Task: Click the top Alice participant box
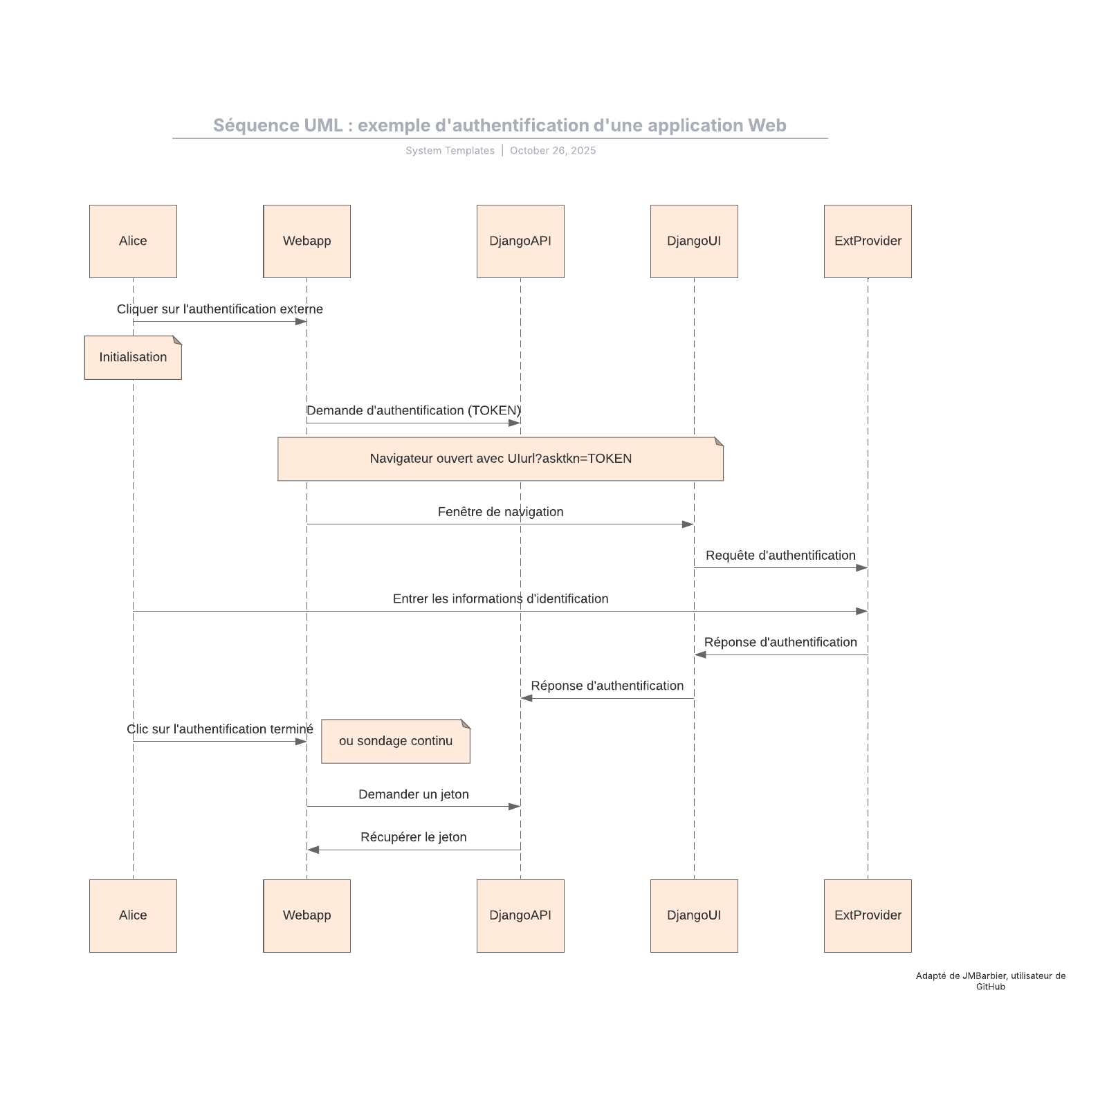[133, 241]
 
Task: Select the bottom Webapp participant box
[307, 915]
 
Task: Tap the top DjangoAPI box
[520, 241]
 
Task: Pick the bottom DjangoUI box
[694, 915]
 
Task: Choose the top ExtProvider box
[868, 241]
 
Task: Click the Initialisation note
[133, 358]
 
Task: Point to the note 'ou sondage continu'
[395, 741]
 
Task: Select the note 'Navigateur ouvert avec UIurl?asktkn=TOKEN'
[500, 459]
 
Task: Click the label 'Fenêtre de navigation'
[500, 512]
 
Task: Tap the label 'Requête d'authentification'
[780, 556]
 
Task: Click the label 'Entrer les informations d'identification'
[500, 599]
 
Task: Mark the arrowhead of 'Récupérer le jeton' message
[313, 850]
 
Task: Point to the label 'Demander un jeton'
[413, 794]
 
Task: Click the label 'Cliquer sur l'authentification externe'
[219, 309]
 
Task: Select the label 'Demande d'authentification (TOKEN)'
[413, 411]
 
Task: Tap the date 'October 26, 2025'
[552, 151]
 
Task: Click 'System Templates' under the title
[450, 151]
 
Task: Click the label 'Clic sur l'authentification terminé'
[219, 729]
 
